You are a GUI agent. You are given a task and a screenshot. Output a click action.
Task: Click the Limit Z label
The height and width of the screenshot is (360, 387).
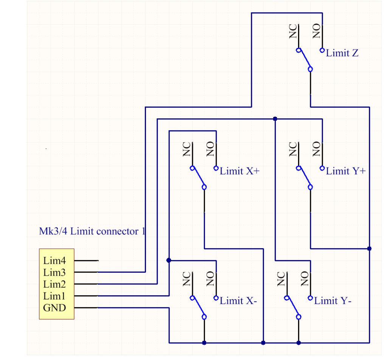point(342,53)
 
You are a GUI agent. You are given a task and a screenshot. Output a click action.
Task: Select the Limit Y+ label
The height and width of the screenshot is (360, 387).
point(346,171)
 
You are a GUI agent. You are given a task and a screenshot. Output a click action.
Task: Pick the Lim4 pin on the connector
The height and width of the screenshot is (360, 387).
point(55,261)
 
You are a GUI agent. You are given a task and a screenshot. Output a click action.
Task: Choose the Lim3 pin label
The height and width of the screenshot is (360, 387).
point(55,272)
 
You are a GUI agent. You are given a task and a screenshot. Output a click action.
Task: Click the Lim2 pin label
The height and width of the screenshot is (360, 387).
point(55,284)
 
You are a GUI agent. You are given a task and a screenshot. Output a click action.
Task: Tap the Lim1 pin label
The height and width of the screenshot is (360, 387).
point(55,296)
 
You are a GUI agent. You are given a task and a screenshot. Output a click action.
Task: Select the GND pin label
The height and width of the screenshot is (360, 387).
point(55,308)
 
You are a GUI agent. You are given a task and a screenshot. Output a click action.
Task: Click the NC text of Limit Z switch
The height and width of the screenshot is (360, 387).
point(293,32)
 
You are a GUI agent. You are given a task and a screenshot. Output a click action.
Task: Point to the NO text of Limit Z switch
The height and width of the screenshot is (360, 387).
point(317,32)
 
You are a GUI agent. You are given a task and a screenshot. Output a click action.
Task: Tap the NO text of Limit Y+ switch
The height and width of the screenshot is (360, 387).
point(317,150)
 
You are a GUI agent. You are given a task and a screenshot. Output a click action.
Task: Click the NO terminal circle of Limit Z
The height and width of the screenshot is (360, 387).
point(322,50)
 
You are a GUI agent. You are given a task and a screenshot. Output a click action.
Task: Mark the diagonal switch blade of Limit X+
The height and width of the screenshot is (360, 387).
point(198,177)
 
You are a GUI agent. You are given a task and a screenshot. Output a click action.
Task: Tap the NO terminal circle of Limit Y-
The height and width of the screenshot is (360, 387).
point(310,298)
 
